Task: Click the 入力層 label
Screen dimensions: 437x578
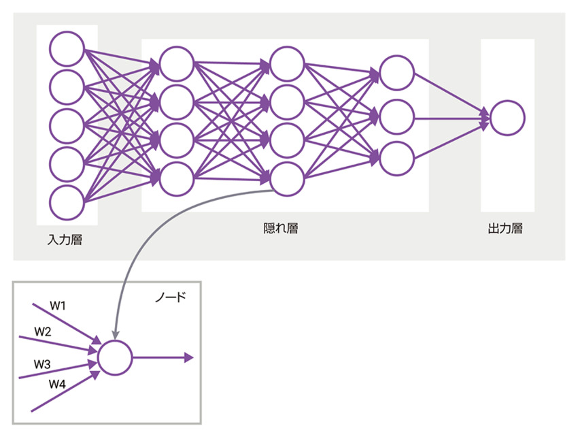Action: click(x=65, y=240)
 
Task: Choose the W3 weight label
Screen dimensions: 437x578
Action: click(x=43, y=364)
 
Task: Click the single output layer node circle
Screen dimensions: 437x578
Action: click(x=507, y=118)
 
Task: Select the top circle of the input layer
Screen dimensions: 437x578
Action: click(x=67, y=48)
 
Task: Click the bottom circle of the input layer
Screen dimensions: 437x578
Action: click(x=67, y=202)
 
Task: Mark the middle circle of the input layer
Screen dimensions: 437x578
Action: click(x=67, y=125)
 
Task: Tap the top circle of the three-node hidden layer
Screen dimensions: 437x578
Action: click(x=397, y=72)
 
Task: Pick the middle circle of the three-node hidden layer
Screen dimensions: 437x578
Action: click(x=397, y=117)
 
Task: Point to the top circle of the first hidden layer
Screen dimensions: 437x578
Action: click(x=177, y=63)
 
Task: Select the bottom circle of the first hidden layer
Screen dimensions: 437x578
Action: click(x=177, y=178)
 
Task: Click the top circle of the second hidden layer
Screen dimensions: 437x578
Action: click(x=287, y=63)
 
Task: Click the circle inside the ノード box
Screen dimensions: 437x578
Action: click(x=114, y=357)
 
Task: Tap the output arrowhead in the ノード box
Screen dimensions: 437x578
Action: click(x=188, y=357)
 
